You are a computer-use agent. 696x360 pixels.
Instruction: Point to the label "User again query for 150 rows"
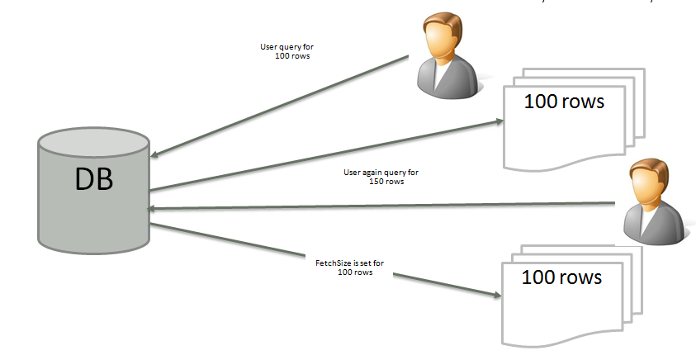tap(381, 177)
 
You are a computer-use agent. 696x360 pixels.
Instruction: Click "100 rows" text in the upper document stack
tap(565, 102)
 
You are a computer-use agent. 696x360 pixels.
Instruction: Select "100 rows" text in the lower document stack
tap(561, 277)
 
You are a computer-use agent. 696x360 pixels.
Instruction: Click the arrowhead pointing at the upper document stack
tap(498, 121)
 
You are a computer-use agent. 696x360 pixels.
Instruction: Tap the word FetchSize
tap(331, 263)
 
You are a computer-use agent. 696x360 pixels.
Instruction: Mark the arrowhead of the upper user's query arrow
tap(155, 154)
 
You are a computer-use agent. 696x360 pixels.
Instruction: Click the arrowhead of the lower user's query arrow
tap(154, 209)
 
